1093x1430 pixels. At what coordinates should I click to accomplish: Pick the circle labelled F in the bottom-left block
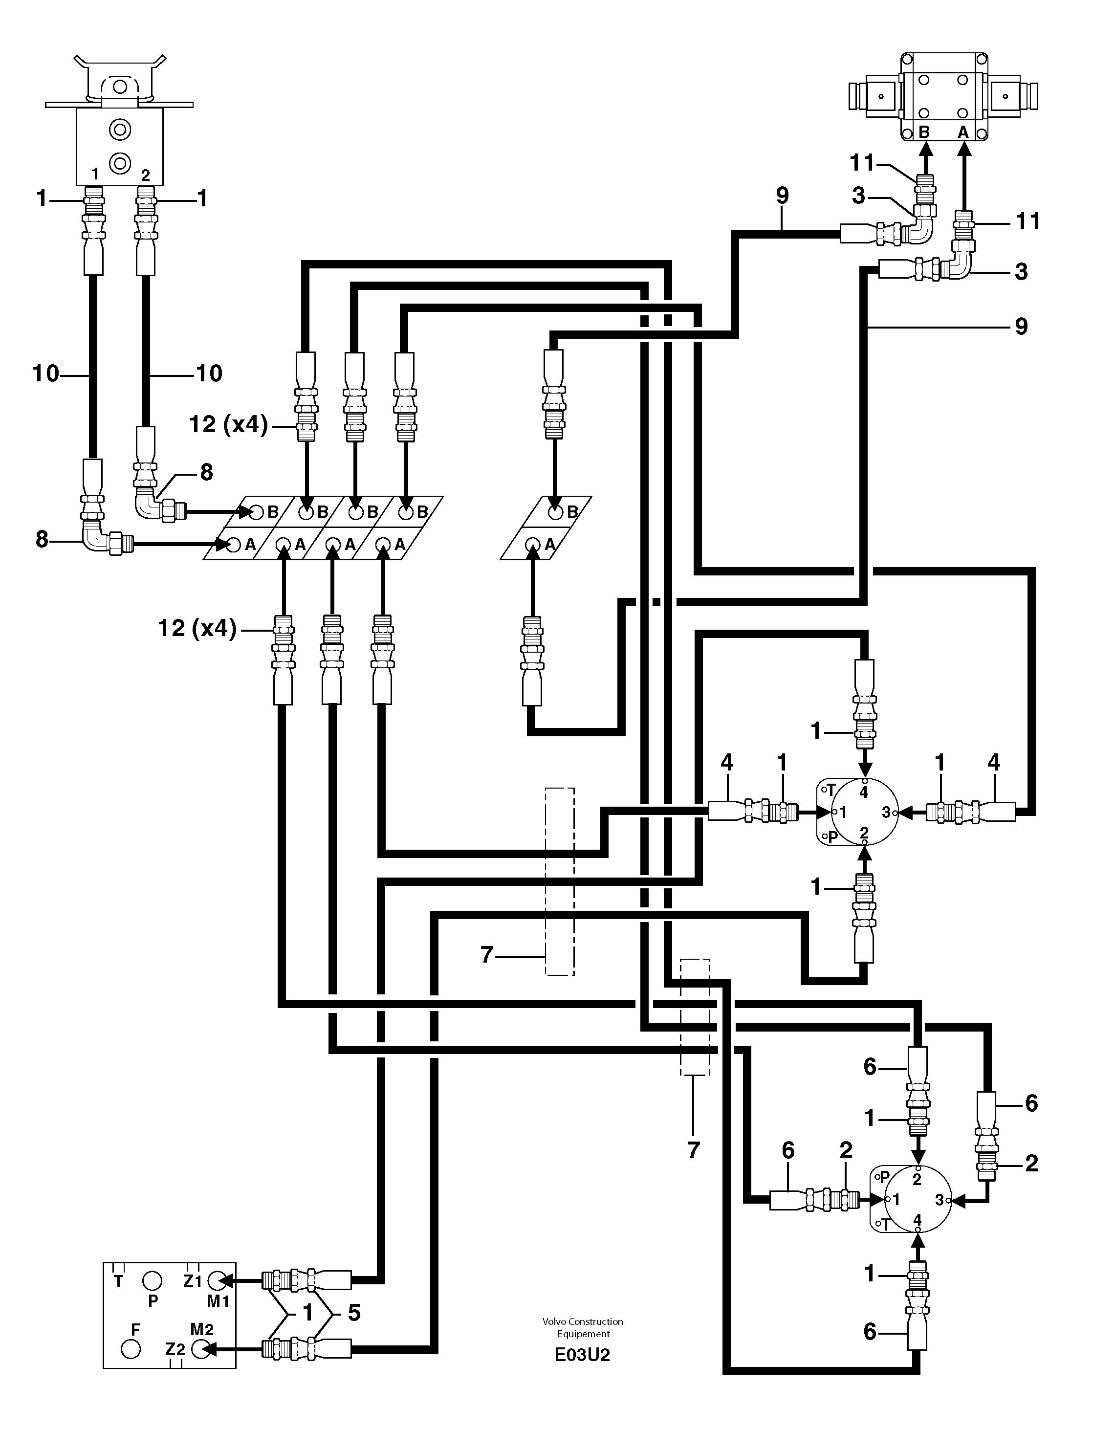tap(131, 1349)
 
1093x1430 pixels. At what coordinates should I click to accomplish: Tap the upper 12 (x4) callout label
tap(228, 425)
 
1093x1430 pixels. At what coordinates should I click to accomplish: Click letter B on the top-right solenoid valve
tap(924, 132)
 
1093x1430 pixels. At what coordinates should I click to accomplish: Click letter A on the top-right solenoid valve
tap(963, 132)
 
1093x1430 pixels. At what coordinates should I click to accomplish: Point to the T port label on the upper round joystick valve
tap(831, 791)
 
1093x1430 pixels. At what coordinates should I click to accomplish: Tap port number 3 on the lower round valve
tap(939, 1199)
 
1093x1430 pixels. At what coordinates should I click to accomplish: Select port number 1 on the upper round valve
tap(843, 812)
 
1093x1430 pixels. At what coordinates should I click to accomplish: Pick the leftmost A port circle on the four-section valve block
tap(234, 545)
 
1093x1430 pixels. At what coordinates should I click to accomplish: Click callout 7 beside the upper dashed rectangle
tap(487, 954)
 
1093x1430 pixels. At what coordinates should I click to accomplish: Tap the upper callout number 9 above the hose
tap(782, 195)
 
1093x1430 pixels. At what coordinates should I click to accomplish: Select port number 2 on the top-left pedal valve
tap(145, 175)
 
